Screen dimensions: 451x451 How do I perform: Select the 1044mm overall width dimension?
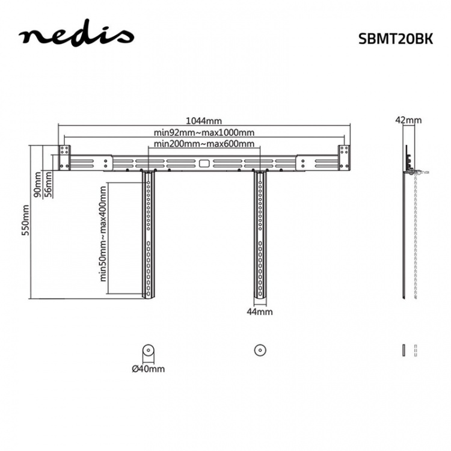203,121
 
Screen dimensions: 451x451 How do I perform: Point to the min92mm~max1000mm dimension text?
203,132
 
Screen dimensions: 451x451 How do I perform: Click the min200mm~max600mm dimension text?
203,144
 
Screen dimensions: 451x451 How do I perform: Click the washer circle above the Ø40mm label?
148,350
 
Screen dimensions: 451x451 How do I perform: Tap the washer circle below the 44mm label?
260,350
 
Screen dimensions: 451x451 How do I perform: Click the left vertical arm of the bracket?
147,235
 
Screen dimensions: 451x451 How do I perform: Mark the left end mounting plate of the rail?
63,158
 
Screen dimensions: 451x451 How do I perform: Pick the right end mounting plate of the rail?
343,158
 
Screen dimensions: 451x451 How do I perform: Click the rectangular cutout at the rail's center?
204,162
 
